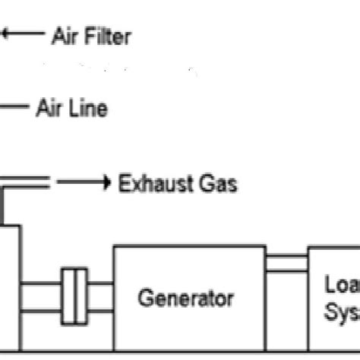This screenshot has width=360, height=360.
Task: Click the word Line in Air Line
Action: tap(87, 109)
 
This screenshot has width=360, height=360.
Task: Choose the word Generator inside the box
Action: tap(185, 297)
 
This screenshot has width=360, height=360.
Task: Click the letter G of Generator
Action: tap(145, 297)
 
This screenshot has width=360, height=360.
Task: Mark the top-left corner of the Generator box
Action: tap(114, 246)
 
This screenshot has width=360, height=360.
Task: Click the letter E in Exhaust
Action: tap(124, 184)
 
